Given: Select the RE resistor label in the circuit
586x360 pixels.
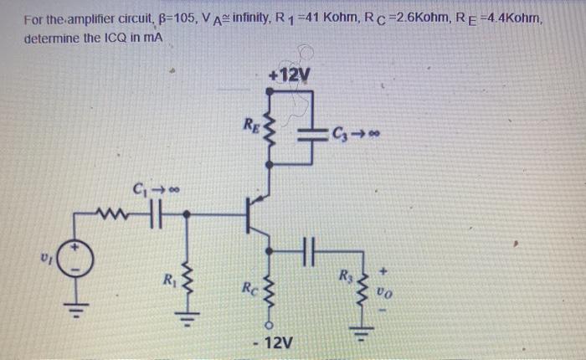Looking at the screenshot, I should (249, 126).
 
